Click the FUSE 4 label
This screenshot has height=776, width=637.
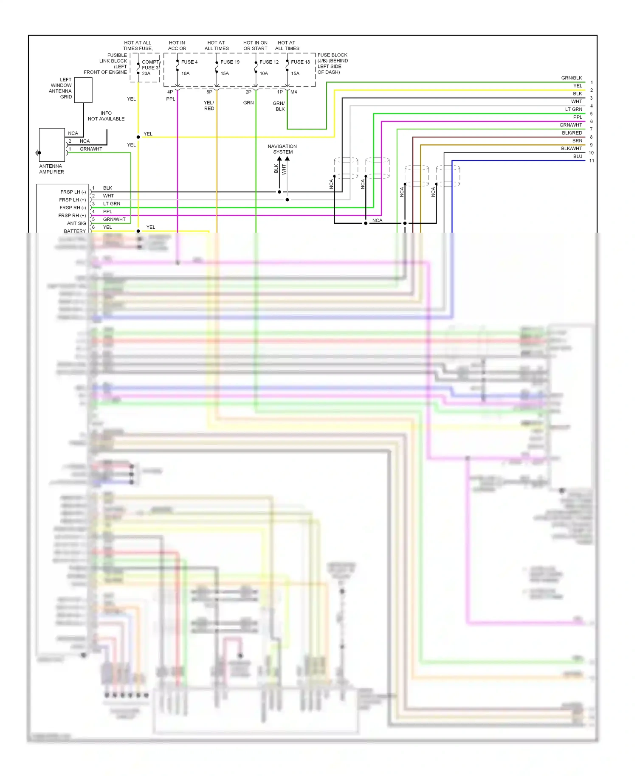coord(189,62)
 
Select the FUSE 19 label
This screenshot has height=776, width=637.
coord(230,62)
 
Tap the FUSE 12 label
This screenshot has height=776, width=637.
coord(269,62)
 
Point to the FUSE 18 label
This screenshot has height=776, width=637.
coord(300,62)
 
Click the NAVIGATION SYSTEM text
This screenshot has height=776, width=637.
coord(282,149)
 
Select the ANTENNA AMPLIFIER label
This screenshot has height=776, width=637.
coord(51,169)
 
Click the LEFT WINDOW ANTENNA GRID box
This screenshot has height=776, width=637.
coord(83,90)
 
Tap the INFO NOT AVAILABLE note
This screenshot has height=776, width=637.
coord(106,116)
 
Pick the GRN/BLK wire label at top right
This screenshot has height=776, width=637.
coord(571,78)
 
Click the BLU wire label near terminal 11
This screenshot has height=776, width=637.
coord(578,156)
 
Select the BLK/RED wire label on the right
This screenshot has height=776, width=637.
coord(572,133)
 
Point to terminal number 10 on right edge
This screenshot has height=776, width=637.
coord(591,153)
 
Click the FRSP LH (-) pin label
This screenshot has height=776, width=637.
coord(73,192)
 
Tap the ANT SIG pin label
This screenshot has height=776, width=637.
coord(76,223)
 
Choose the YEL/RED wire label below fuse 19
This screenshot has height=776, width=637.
coord(209,106)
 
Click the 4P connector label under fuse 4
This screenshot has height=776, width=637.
coord(170,92)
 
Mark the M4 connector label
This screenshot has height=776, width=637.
coord(294,92)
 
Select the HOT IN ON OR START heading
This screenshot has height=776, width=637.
coord(255,45)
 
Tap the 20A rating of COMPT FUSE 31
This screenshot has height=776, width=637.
coord(146,73)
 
